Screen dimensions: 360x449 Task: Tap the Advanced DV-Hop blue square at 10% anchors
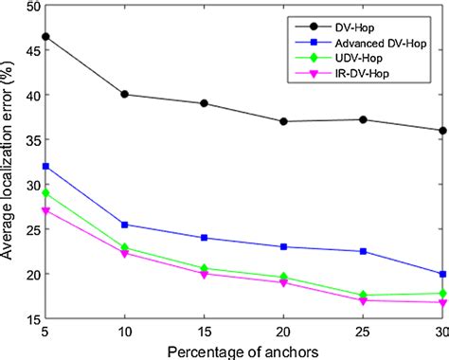pos(125,225)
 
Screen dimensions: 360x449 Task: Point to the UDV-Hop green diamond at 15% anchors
pos(205,269)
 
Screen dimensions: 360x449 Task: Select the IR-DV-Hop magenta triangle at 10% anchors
pos(125,253)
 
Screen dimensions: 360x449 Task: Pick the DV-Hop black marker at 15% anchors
pos(205,103)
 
